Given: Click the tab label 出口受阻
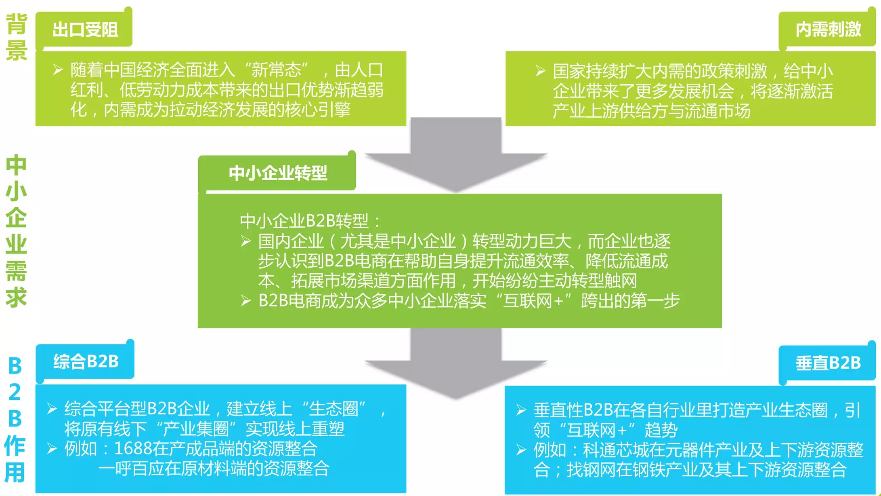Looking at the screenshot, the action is point(85,30).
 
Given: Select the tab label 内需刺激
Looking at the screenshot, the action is point(828,30).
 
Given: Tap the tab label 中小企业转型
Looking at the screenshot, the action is point(278,173).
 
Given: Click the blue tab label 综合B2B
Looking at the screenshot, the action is point(86,362).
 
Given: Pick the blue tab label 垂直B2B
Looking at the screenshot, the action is point(828,363).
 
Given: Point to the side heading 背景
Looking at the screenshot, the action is point(17,37).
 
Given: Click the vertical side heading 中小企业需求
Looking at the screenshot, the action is point(16,230).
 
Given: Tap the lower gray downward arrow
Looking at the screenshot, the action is point(456,364).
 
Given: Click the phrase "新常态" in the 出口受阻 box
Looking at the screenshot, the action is point(276,70).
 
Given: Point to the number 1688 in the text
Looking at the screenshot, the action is point(133,449).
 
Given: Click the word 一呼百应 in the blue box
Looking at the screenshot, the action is point(131,469).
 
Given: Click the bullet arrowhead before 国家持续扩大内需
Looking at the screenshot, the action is point(540,71).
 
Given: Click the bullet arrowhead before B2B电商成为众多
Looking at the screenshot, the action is point(245,301).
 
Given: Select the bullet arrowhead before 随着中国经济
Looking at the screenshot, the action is point(58,70).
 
